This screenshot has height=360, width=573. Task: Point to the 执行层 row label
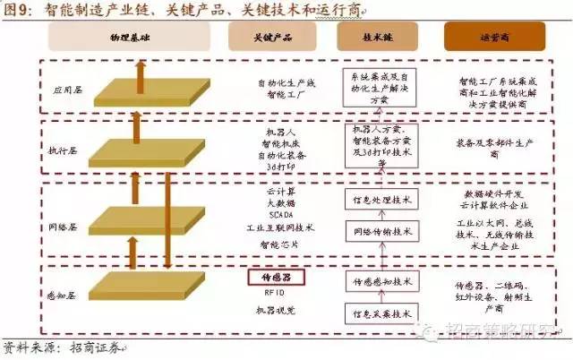click(x=64, y=150)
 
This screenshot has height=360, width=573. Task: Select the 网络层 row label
click(x=64, y=218)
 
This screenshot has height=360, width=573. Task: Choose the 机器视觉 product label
click(x=276, y=310)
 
